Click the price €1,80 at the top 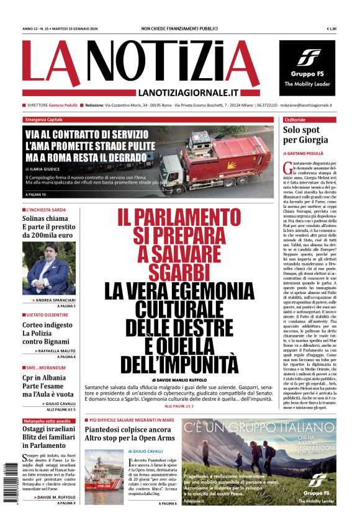click(x=331, y=29)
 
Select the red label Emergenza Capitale click(x=45, y=119)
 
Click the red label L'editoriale click(x=295, y=119)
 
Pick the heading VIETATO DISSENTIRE click(x=46, y=315)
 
